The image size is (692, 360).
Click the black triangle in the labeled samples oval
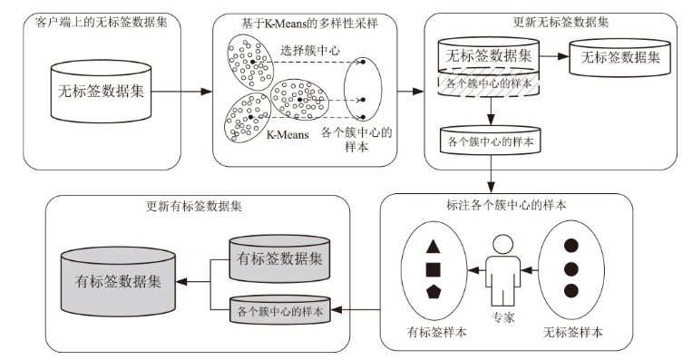tap(433, 247)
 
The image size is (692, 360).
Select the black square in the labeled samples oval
tap(433, 269)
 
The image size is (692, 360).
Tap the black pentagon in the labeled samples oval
tap(434, 292)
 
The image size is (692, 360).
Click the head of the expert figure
tap(503, 245)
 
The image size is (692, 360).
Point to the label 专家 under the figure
tap(503, 316)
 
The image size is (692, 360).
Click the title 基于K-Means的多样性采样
tap(309, 24)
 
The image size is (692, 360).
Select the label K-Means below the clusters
tap(288, 134)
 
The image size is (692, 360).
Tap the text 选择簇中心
tap(310, 50)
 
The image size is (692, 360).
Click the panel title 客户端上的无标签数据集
tap(102, 22)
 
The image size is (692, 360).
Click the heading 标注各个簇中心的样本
tap(506, 205)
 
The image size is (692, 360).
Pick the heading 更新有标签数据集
tap(194, 206)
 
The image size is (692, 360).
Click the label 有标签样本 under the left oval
tap(436, 332)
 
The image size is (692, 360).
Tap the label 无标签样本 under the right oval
tap(572, 332)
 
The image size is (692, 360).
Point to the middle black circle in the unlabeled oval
tap(571, 268)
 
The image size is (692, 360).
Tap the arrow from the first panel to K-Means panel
tap(181, 92)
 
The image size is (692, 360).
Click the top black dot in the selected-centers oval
tap(363, 62)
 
